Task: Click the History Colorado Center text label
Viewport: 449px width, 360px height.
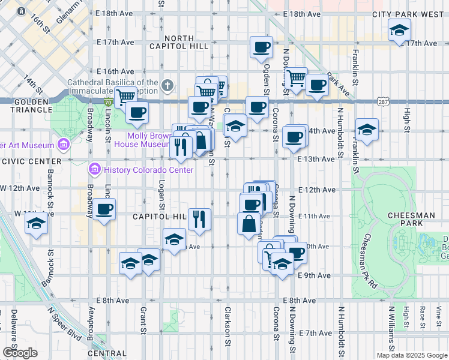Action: click(148, 170)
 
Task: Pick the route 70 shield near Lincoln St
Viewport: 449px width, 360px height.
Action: click(107, 103)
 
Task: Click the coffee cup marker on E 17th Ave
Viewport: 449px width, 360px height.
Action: click(261, 47)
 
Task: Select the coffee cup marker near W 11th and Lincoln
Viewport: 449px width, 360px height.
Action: click(104, 210)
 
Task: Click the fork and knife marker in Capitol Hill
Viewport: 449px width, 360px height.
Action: click(199, 219)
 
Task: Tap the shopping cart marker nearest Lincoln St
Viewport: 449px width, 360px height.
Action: click(125, 97)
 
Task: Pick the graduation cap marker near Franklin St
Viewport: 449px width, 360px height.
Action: click(366, 129)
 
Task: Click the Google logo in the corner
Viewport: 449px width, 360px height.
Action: click(20, 353)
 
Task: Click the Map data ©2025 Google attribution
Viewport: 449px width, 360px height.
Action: click(412, 355)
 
